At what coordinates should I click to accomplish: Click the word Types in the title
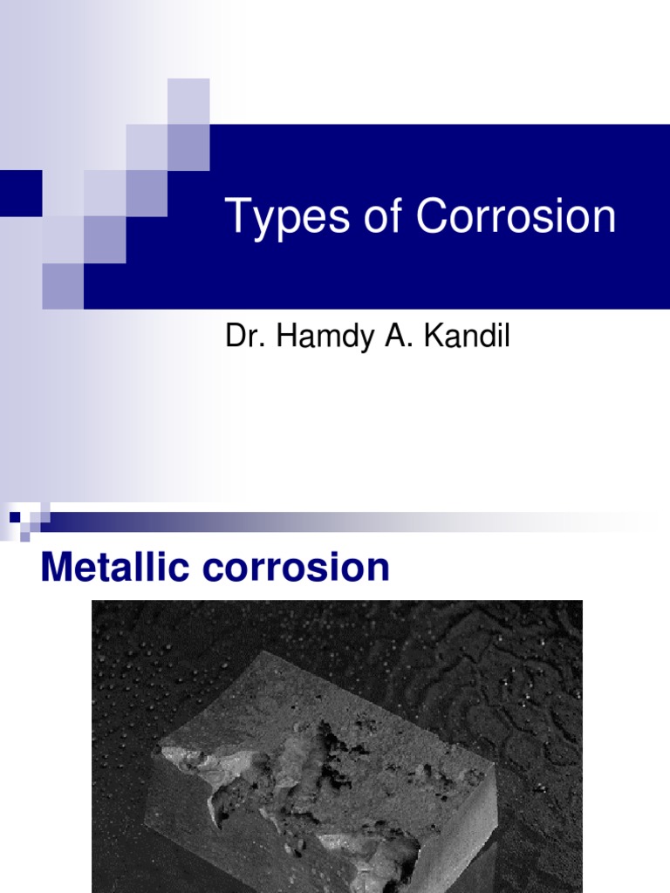[278, 218]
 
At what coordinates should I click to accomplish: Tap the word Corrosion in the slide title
[516, 217]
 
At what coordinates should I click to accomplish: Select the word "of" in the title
[380, 217]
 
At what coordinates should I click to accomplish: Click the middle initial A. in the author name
[407, 337]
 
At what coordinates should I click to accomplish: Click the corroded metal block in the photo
[323, 767]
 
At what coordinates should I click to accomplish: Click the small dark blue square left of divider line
[15, 516]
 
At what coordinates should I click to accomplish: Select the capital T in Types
[236, 217]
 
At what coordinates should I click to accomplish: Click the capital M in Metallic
[56, 568]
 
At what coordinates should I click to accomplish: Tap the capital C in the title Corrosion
[431, 217]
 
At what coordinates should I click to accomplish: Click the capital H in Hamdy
[284, 337]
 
